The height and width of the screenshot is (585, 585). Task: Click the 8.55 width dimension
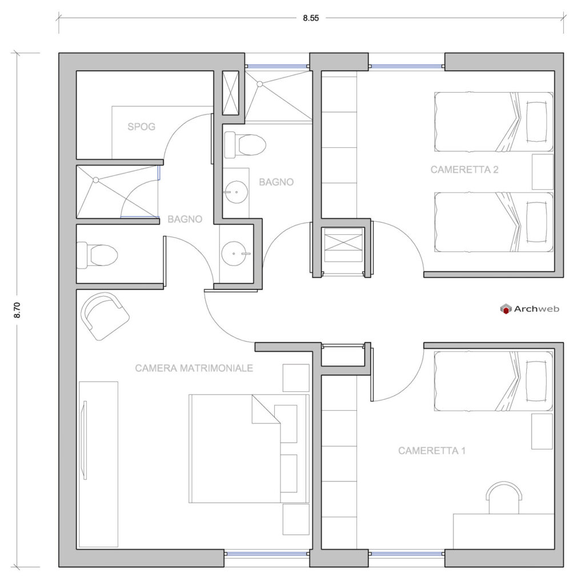click(311, 18)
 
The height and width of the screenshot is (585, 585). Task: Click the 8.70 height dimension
click(17, 310)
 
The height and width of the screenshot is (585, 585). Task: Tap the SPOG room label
click(142, 127)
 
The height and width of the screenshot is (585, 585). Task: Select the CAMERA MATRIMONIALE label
click(194, 368)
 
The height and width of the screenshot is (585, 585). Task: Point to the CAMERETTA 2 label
click(464, 170)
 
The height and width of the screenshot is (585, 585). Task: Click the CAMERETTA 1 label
click(432, 451)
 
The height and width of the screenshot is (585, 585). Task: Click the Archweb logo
click(530, 309)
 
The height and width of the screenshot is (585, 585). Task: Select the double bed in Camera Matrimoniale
click(249, 449)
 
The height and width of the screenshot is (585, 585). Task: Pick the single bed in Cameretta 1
click(494, 381)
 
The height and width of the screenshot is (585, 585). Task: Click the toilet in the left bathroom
click(97, 255)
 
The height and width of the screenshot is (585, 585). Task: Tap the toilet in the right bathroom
click(245, 145)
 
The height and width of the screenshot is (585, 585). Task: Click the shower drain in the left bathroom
click(96, 180)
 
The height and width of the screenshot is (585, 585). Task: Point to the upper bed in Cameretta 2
click(494, 122)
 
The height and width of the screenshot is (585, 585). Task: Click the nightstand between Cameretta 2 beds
click(543, 172)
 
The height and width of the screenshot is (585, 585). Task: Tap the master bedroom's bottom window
click(267, 554)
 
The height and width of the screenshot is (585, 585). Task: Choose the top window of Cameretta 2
click(407, 66)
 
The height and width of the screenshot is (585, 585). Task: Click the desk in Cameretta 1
click(504, 531)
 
